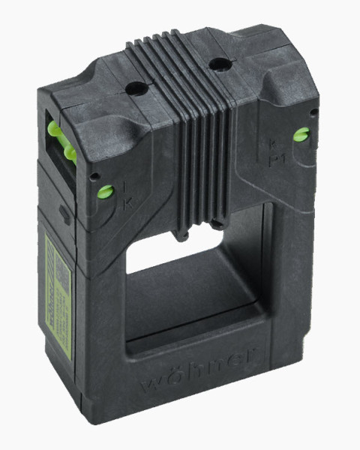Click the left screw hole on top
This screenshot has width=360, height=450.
(136, 88)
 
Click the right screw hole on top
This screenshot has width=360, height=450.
(217, 65)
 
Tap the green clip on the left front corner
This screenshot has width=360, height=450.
(105, 190)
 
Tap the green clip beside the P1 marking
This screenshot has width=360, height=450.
(301, 135)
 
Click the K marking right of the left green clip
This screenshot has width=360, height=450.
(127, 202)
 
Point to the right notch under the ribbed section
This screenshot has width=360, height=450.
(217, 223)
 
